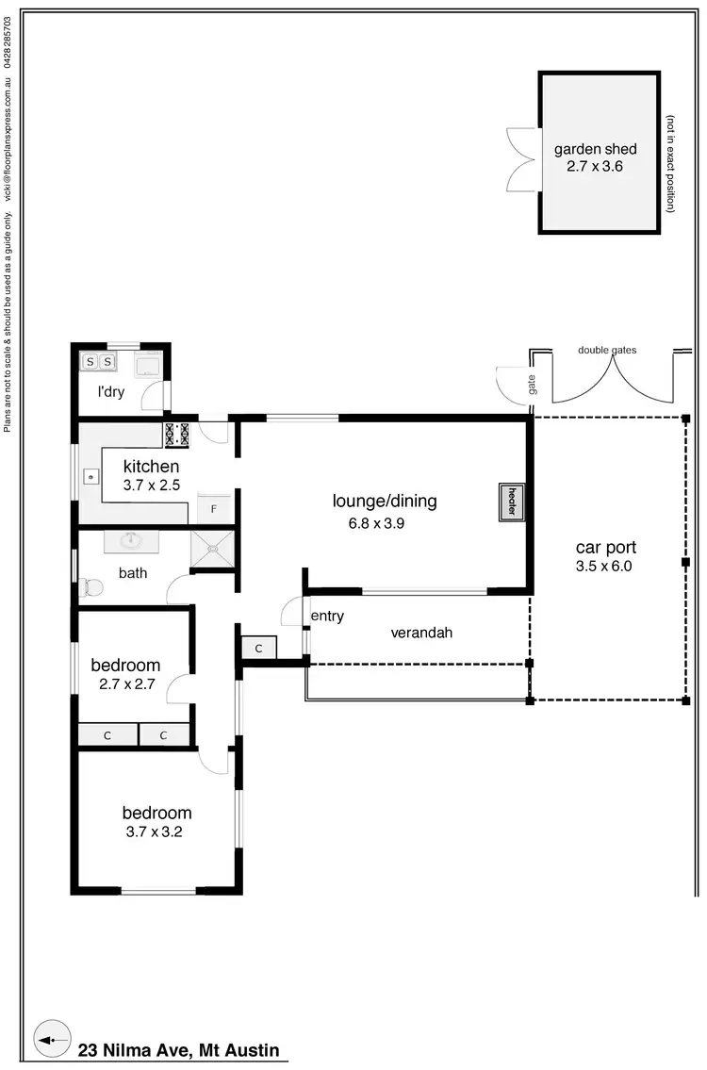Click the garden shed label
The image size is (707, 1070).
point(595,149)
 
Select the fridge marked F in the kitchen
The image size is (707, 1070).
point(214,509)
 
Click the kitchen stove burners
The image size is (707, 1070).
point(177,435)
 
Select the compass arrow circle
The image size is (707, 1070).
point(52,1040)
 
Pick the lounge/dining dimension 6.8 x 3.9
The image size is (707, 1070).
point(370,524)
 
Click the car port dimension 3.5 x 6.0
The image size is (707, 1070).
point(605,567)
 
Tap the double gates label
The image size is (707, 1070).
point(606,350)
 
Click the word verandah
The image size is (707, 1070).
point(421,633)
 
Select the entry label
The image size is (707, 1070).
point(327,617)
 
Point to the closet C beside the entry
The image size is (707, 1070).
point(258,649)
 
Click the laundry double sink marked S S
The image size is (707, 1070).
point(99,361)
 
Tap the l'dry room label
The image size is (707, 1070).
point(111,392)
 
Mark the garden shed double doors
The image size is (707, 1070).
point(520,158)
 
